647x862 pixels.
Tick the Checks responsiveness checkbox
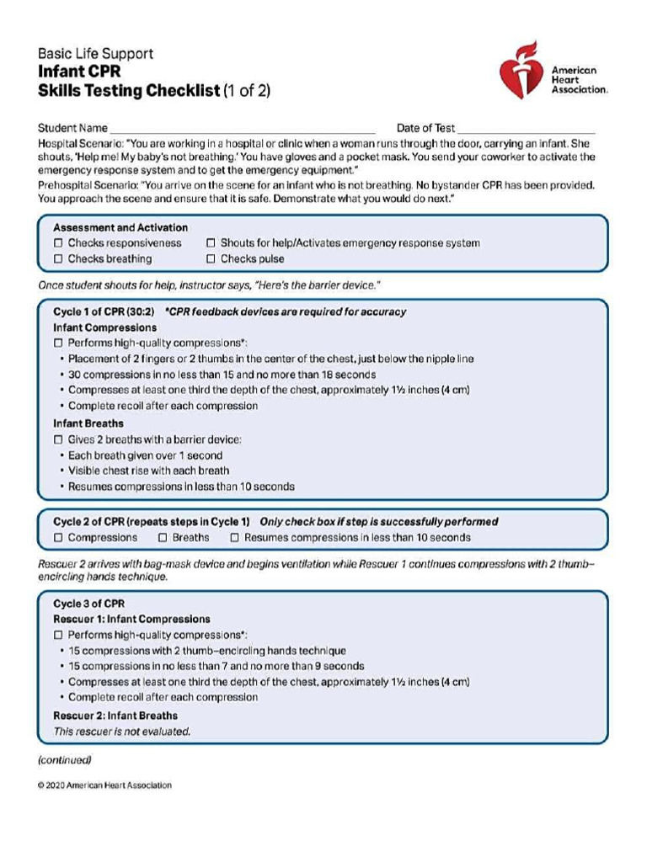58,243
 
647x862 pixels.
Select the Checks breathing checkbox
58,259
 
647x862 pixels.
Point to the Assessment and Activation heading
120,227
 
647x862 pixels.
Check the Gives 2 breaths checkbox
58,439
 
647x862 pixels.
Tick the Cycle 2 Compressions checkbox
58,537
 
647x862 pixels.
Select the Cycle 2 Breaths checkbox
163,537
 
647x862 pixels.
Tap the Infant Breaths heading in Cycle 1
88,423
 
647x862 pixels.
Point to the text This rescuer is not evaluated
122,732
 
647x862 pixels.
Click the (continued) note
64,760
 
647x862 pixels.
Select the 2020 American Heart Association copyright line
104,785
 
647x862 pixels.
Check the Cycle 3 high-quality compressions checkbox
58,636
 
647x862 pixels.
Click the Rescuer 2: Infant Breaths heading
115,716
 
